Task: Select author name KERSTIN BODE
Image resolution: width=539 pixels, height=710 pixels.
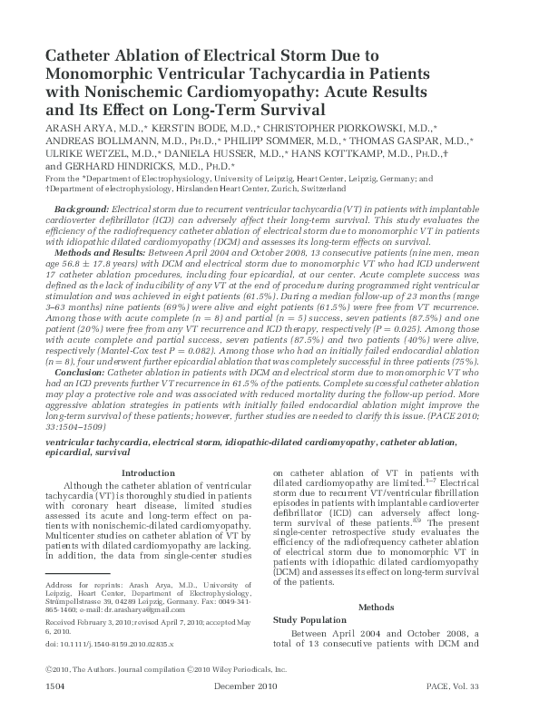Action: (x=198, y=129)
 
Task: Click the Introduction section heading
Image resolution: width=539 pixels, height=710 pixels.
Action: (x=148, y=472)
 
